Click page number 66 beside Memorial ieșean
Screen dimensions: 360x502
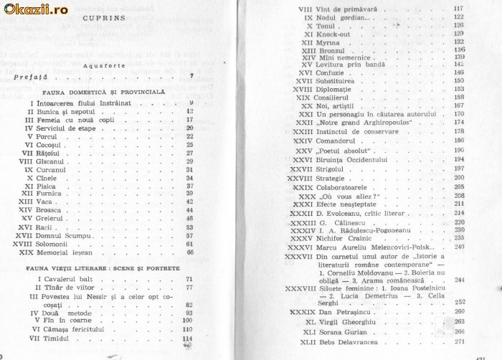point(190,252)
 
